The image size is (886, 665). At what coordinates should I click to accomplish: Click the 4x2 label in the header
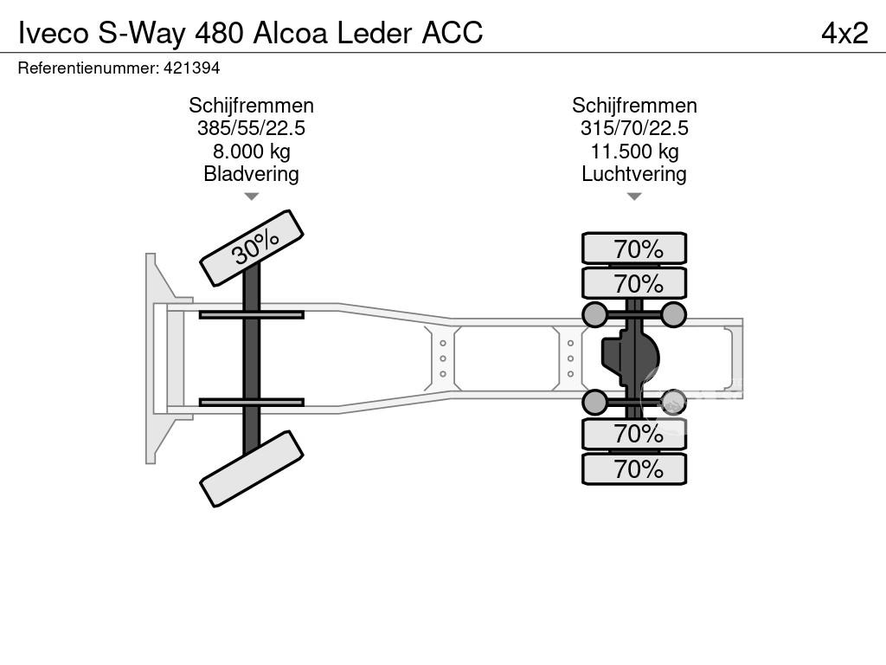[844, 33]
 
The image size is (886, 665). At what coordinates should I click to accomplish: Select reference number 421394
[191, 68]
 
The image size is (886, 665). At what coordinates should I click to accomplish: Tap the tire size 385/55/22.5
[252, 128]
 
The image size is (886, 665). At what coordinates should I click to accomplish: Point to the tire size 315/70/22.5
[634, 128]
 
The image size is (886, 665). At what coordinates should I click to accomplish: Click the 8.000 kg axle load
[252, 152]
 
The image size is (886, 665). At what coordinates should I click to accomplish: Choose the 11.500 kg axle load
[634, 152]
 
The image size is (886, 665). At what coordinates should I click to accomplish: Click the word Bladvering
[252, 173]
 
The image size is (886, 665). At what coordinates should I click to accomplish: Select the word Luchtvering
[634, 173]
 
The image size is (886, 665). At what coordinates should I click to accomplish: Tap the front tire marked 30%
[252, 249]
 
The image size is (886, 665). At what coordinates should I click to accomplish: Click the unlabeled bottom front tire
[252, 468]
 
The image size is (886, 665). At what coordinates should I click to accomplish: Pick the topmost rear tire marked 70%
[634, 249]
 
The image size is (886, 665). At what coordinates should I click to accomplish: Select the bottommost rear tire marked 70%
[634, 468]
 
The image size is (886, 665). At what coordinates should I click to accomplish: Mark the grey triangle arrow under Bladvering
[252, 197]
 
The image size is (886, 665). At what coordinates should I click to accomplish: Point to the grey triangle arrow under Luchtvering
[634, 197]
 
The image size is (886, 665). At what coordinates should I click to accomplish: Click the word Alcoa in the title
[291, 33]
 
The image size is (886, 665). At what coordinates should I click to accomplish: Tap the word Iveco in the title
[55, 33]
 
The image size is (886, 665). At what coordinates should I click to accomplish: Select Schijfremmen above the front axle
[252, 106]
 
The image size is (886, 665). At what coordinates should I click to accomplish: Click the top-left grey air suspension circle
[594, 315]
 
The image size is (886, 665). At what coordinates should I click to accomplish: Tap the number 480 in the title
[219, 33]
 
